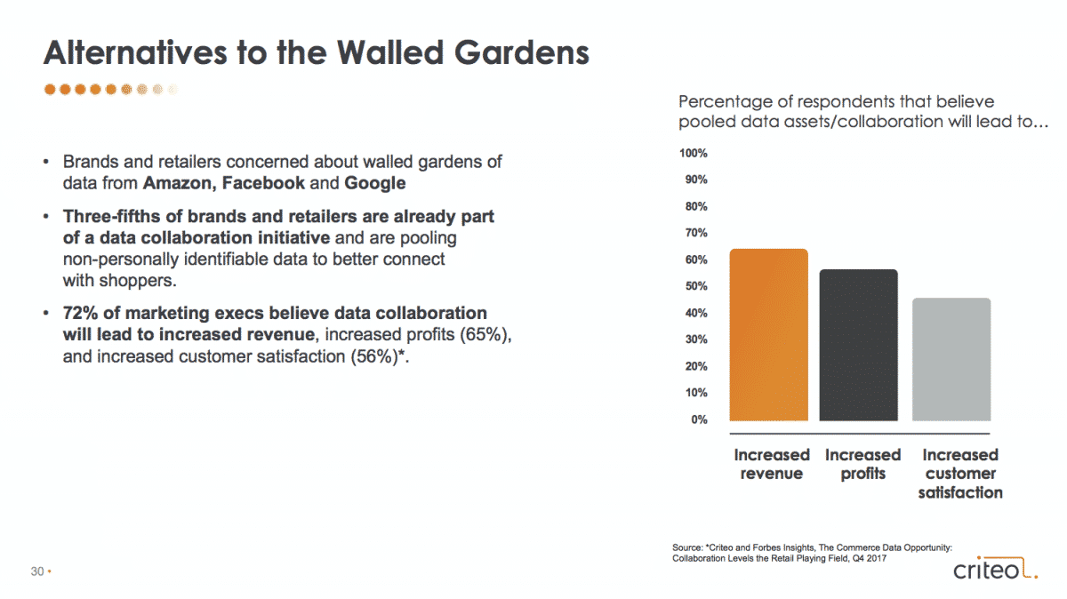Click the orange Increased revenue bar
[769, 335]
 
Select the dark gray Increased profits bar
[858, 345]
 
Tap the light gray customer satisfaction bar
[951, 360]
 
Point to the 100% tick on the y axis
[693, 154]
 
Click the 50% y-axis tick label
[696, 286]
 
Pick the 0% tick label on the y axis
[699, 419]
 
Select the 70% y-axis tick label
[696, 233]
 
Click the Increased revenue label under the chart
[772, 464]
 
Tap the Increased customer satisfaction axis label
[960, 474]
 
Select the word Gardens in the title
[522, 52]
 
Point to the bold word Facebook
[263, 183]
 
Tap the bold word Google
[375, 184]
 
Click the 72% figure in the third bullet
[81, 314]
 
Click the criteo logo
[996, 568]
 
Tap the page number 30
[37, 571]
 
